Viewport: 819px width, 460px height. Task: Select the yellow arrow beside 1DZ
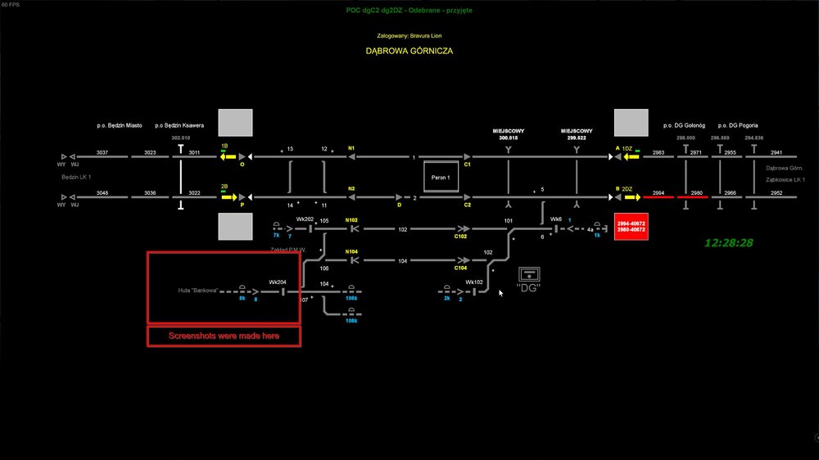click(630, 156)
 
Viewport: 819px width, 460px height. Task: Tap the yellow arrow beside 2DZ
click(630, 197)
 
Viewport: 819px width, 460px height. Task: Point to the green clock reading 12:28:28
click(728, 243)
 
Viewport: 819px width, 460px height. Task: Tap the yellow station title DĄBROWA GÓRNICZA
click(409, 51)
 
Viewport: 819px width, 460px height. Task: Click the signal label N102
click(351, 220)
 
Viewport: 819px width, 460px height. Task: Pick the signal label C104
click(460, 268)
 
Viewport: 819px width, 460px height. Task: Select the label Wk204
click(278, 282)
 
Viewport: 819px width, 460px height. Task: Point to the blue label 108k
click(351, 320)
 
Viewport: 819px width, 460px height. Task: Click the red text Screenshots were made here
click(223, 336)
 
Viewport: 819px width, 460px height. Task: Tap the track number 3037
click(102, 153)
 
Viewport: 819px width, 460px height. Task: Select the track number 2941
click(776, 153)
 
